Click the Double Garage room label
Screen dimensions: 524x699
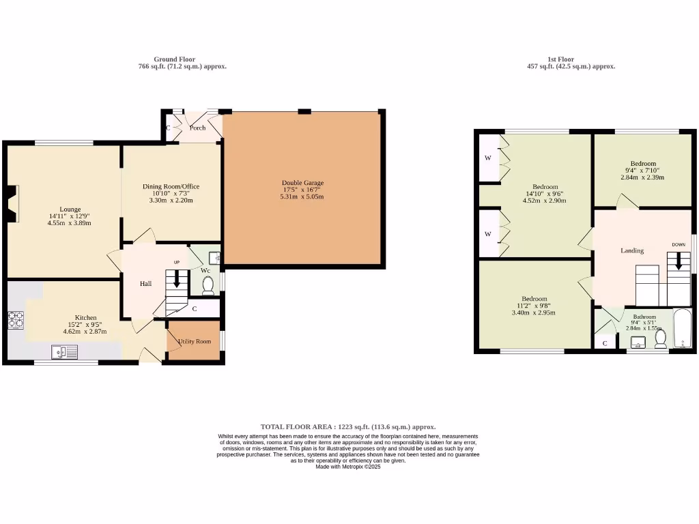(x=302, y=183)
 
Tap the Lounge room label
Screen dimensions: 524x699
(x=70, y=209)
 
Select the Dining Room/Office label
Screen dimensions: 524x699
(x=171, y=186)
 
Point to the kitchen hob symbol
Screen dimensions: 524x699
(x=15, y=319)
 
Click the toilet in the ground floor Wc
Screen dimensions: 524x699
(x=208, y=285)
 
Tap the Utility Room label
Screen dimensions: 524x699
(x=195, y=341)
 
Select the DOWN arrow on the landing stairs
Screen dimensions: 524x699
(x=678, y=261)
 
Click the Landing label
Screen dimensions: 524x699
(x=631, y=250)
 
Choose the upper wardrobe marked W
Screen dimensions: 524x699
(x=488, y=158)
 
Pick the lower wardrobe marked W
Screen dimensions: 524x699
(x=488, y=234)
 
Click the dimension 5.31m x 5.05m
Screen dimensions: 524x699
(x=302, y=197)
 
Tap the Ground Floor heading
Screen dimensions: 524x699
(x=174, y=59)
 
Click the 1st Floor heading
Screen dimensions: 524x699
(x=561, y=59)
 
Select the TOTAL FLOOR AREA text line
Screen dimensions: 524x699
(x=348, y=426)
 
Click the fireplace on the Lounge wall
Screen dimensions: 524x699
(x=11, y=203)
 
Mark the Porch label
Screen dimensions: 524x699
(x=197, y=128)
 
